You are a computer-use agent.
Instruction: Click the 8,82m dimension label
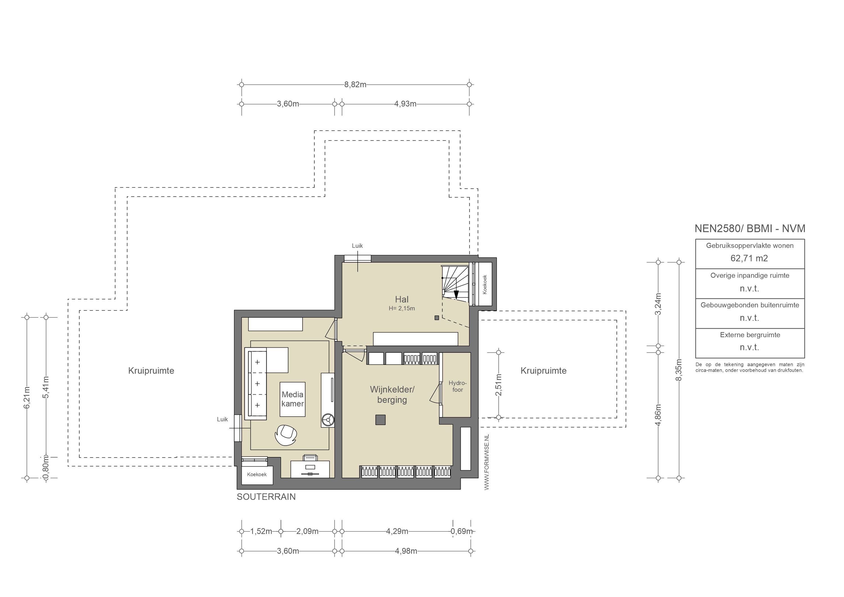355,85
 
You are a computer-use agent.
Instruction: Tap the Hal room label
402,299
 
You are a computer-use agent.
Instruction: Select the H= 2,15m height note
402,308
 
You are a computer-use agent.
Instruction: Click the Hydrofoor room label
457,386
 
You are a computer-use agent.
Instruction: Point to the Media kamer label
293,399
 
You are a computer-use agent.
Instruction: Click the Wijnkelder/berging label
392,395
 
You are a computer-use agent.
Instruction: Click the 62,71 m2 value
749,258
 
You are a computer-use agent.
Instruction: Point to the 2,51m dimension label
499,385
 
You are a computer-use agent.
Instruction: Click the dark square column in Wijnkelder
380,420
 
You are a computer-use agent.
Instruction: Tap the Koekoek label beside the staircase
484,284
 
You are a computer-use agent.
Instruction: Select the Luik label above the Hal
357,246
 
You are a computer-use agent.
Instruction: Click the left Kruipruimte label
151,371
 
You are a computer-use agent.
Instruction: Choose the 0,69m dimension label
462,531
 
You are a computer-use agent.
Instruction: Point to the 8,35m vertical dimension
679,370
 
